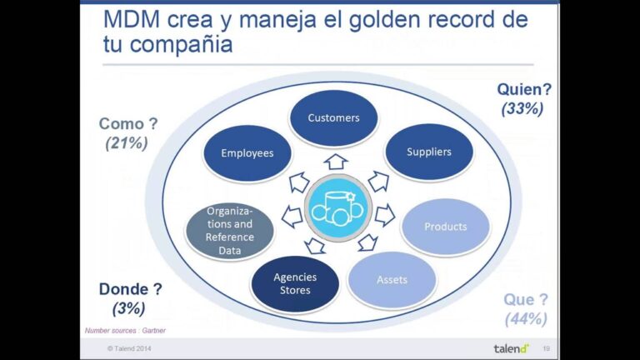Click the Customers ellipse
[x=333, y=118]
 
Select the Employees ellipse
[x=247, y=153]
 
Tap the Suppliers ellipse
[x=429, y=152]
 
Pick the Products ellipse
[x=445, y=227]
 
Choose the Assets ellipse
[x=392, y=280]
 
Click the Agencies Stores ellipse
[x=295, y=283]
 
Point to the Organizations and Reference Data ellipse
[x=230, y=231]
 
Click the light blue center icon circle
[x=338, y=208]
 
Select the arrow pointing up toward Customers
[x=336, y=162]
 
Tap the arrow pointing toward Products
[x=385, y=215]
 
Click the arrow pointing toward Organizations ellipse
[x=292, y=217]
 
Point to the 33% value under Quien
[x=522, y=108]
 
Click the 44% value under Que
[x=526, y=319]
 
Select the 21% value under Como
[x=127, y=142]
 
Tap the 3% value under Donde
[x=129, y=308]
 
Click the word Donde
[x=123, y=289]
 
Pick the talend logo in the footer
[x=512, y=348]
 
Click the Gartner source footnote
[x=125, y=331]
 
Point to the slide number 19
[x=546, y=348]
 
